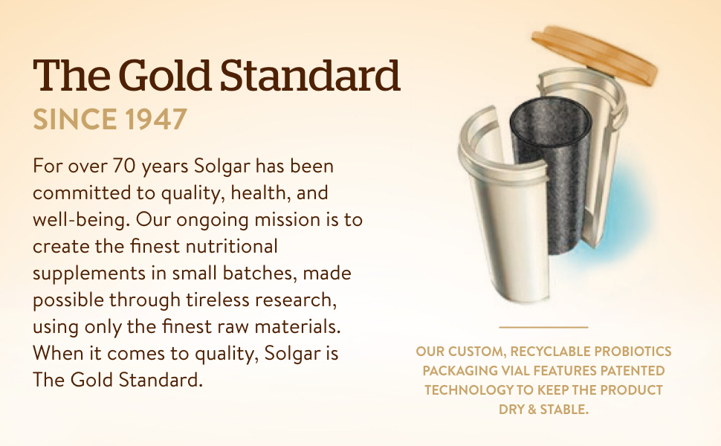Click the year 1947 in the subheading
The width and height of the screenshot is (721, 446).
(x=156, y=119)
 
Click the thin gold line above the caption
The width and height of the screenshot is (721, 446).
(x=543, y=327)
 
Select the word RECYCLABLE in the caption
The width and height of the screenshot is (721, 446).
(x=550, y=351)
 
